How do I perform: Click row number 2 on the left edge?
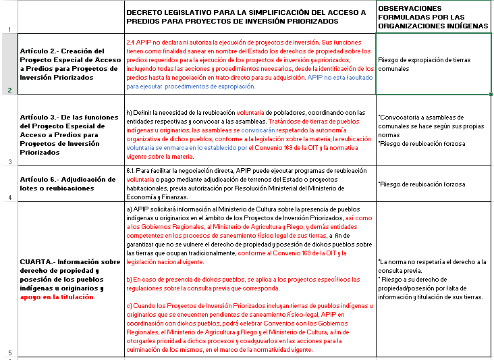pos(9,90)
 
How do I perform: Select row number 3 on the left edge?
pos(9,161)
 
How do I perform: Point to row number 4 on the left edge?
pos(9,198)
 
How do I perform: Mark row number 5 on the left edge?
pos(9,352)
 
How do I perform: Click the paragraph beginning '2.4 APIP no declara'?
pos(250,64)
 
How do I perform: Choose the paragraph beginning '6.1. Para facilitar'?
pos(250,184)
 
